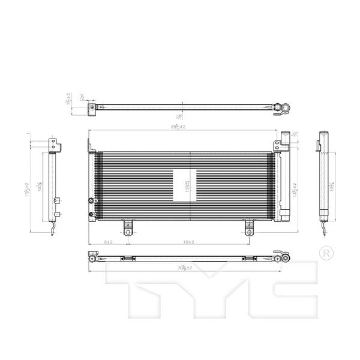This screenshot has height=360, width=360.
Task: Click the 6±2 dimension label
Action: coord(109,241)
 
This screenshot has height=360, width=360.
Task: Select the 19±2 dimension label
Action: coord(188,241)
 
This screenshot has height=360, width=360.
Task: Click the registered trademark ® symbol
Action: coord(326,253)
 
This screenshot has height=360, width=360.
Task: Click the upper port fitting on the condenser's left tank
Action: coord(91,201)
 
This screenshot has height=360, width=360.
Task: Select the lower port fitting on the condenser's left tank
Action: coord(91,214)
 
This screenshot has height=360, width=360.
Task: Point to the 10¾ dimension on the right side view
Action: coord(332,187)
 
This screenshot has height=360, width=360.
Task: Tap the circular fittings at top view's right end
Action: coord(283,108)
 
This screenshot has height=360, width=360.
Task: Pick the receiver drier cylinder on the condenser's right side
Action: coord(286,183)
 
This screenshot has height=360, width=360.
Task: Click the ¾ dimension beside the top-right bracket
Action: coord(295,136)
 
